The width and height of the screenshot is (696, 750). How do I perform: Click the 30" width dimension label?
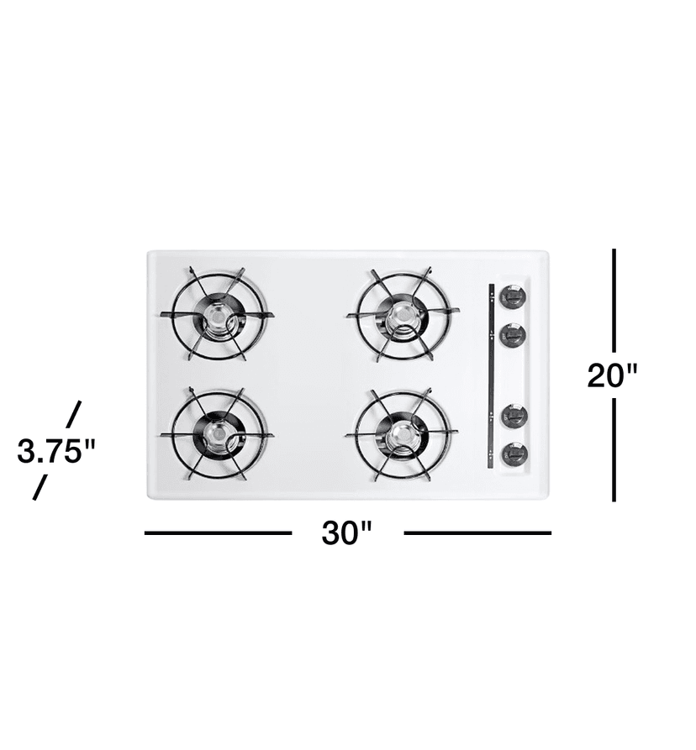(346, 532)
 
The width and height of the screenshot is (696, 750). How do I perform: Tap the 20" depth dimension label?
(613, 375)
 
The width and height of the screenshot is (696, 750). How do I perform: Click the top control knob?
(512, 296)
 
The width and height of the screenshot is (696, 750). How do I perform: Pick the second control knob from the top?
(512, 335)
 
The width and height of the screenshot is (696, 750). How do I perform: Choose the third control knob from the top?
(514, 415)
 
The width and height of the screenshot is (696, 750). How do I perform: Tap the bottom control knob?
(514, 454)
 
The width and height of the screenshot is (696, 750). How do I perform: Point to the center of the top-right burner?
(403, 314)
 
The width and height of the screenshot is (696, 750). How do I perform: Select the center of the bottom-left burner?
(217, 434)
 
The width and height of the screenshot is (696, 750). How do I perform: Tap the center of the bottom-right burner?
(403, 434)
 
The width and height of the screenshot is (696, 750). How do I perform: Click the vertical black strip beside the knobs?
(491, 375)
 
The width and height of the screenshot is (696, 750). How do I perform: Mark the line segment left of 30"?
(218, 532)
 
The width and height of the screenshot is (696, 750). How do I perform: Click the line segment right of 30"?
(477, 532)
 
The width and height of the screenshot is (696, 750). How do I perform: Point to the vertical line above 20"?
(614, 299)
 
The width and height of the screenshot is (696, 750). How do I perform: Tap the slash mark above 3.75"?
(74, 414)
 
